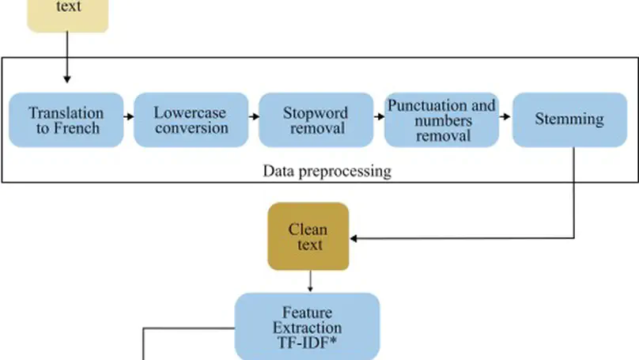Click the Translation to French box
click(66, 120)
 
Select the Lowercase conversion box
click(191, 120)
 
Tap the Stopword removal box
click(316, 120)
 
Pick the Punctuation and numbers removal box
click(441, 120)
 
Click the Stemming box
click(569, 120)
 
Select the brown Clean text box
click(309, 237)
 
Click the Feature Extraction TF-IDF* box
click(308, 327)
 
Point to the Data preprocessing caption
click(327, 171)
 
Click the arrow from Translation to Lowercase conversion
click(129, 116)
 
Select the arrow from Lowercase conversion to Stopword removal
click(254, 116)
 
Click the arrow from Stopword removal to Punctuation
click(379, 116)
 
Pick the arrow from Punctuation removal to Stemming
click(505, 116)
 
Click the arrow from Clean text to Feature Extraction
click(309, 281)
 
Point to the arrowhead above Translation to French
click(67, 79)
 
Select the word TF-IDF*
click(308, 343)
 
